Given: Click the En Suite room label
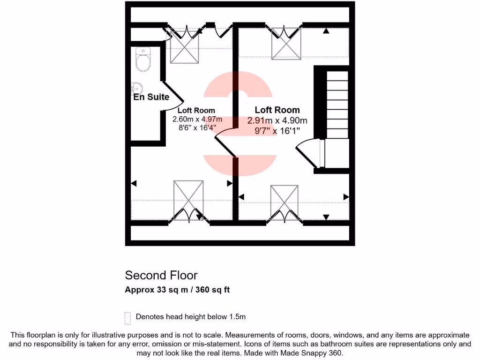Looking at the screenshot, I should point(151,97).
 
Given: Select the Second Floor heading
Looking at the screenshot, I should point(161,275).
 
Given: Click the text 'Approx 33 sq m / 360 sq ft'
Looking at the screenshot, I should point(177,290).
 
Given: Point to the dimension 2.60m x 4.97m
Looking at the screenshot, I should point(197,119).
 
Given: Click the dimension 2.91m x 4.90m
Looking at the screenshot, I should point(277,120).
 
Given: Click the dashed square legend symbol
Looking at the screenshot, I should point(127,318).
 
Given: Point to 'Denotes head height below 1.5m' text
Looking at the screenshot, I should point(191,317).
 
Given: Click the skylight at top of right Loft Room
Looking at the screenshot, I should point(286,43).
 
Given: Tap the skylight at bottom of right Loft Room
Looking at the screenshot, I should point(285,202).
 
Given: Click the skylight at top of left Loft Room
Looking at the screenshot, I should point(184,46).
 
